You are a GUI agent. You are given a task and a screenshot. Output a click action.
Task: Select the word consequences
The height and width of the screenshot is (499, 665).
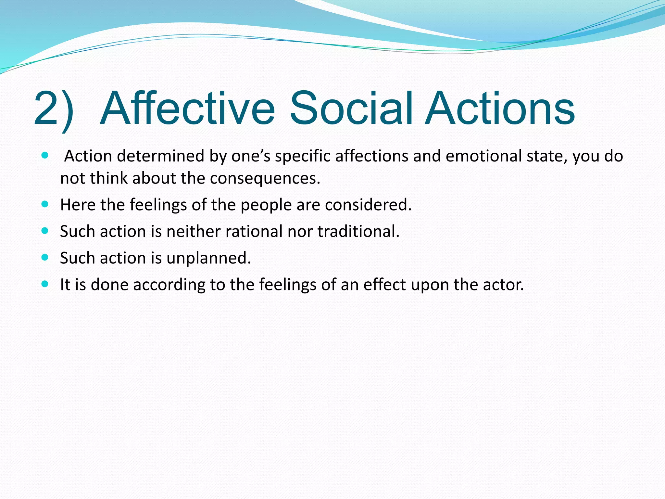(265, 178)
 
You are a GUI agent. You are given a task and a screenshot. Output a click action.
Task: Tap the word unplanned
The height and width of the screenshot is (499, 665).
(208, 259)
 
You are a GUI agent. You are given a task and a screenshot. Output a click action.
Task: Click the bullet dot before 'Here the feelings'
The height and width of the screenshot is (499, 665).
(45, 204)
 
